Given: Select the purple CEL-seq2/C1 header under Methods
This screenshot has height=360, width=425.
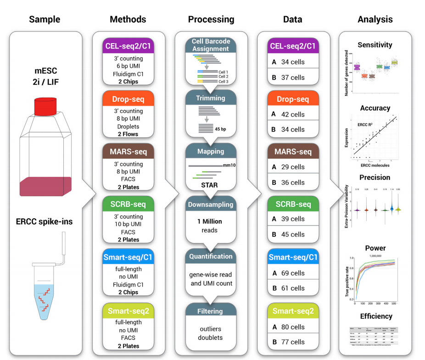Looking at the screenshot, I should (128, 46).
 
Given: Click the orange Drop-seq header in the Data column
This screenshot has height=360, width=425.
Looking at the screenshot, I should (293, 99).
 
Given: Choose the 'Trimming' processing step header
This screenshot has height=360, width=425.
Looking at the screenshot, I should (211, 98).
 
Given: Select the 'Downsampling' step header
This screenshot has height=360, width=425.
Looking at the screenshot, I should (211, 205).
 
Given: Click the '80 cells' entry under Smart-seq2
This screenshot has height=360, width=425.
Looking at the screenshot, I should (293, 327).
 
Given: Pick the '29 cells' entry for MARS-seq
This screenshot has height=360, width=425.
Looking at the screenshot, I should (293, 167).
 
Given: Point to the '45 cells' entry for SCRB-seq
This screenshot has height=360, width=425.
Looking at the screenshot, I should (293, 234).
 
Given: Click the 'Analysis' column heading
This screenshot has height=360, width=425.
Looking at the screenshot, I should (375, 19).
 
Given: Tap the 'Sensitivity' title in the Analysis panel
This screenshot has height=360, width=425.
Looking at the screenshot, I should (375, 45).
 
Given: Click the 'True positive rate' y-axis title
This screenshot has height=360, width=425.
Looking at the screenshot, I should (347, 281).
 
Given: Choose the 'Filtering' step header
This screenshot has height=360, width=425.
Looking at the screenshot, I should (211, 311).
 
